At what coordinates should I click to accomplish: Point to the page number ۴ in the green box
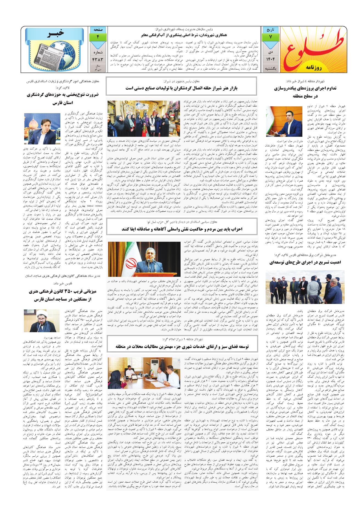pyautogui.click(x=97, y=37)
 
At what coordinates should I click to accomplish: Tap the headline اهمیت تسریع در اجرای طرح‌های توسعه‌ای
pyautogui.click(x=305, y=262)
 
